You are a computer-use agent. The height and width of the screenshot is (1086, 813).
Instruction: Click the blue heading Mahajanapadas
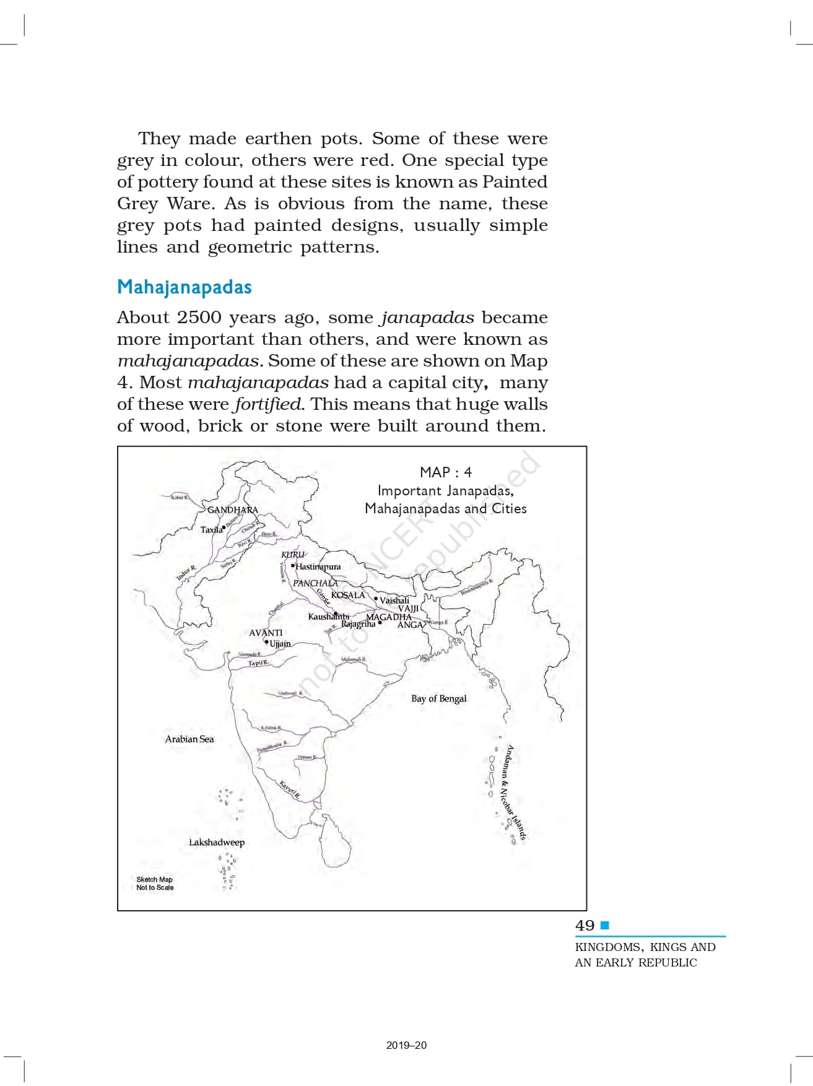coord(184,287)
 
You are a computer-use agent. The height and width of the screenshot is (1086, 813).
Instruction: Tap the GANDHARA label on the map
coord(232,510)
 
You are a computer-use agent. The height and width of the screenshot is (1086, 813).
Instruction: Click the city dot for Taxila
coord(224,528)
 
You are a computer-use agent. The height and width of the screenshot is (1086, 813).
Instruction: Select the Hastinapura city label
coord(318,567)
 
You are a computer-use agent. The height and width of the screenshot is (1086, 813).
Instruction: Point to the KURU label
coord(292,555)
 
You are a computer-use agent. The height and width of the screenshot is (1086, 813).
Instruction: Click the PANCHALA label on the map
coord(315,583)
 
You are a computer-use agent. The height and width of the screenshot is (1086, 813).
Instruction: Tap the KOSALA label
coord(348,595)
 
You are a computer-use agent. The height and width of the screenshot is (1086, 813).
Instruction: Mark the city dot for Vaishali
coord(376,599)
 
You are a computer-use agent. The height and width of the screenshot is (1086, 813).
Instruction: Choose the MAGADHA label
coord(389,617)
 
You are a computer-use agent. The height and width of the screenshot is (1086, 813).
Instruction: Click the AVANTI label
coord(266,633)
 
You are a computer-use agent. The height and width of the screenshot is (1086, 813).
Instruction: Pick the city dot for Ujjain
coord(267,642)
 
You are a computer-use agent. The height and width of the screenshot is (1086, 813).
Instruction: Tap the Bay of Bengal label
coord(438,698)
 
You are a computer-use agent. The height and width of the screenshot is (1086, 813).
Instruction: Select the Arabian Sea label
coord(189,739)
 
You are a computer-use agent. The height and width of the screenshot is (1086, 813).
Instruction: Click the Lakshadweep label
coord(217,842)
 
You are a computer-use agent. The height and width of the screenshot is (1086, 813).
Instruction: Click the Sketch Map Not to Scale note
coord(155,884)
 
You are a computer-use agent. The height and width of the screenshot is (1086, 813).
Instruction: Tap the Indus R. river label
coord(185,573)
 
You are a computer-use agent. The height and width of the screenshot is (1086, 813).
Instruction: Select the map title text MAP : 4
coord(445,472)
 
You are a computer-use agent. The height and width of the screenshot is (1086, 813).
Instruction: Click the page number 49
coord(585,926)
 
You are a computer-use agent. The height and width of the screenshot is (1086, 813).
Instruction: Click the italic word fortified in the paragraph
coord(267,404)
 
